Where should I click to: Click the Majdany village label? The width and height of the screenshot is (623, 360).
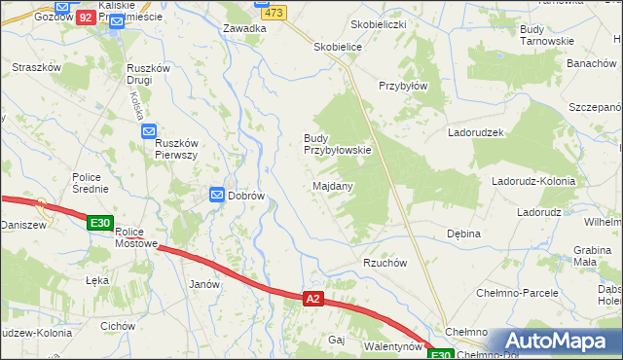click(x=333, y=185)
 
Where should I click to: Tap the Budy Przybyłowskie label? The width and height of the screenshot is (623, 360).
click(x=338, y=144)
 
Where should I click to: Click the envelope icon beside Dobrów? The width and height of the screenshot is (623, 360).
click(x=217, y=196)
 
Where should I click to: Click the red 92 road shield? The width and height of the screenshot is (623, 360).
click(x=85, y=18)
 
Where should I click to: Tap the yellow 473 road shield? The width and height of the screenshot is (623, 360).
click(x=274, y=13)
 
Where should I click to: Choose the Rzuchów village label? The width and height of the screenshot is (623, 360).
click(x=385, y=263)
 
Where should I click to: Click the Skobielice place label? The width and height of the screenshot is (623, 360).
click(x=338, y=47)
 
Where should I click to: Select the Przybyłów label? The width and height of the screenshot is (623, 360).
click(x=403, y=85)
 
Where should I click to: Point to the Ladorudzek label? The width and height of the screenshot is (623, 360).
click(x=475, y=131)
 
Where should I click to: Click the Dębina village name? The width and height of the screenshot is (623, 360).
click(x=464, y=234)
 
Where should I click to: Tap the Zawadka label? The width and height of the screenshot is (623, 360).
click(x=244, y=28)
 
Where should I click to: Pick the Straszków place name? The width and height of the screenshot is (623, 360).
click(x=37, y=67)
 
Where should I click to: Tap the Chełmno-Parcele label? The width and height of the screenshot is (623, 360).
click(x=517, y=292)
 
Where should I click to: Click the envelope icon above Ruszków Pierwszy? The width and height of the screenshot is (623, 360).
click(x=149, y=131)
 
